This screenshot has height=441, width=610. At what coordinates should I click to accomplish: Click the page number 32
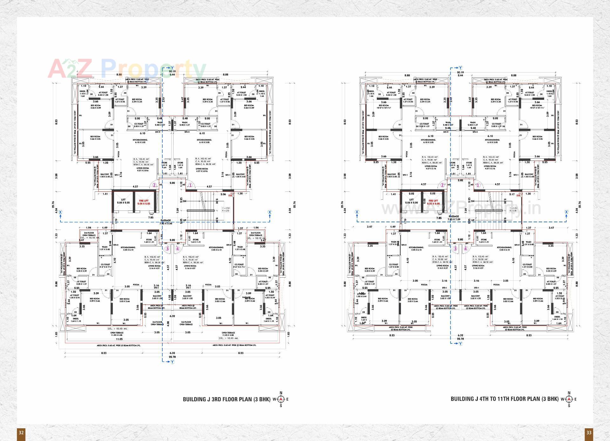click(21, 432)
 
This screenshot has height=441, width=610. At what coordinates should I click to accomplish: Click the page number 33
click(589, 432)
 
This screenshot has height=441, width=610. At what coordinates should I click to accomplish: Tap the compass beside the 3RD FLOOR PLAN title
click(281, 399)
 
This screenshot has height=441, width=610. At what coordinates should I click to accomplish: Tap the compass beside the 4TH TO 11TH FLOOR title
click(569, 399)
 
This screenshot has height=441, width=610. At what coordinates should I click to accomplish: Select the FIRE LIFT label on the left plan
click(144, 202)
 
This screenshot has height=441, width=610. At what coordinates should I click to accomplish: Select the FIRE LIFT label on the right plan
click(433, 202)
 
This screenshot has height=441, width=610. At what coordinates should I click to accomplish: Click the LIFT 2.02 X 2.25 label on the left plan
click(123, 201)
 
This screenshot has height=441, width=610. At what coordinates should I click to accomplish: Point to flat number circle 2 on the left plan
click(154, 185)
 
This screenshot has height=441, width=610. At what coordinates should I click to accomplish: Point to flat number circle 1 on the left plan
click(191, 185)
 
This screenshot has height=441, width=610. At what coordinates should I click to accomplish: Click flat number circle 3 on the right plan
click(455, 249)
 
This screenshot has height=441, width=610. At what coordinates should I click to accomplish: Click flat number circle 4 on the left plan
click(178, 249)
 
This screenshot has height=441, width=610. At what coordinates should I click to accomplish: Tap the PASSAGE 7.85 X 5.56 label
click(166, 222)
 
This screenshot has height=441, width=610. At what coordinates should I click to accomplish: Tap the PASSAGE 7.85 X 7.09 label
click(454, 218)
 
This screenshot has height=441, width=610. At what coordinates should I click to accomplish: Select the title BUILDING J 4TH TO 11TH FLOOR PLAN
click(505, 399)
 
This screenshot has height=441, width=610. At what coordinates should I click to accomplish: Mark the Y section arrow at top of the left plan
click(172, 68)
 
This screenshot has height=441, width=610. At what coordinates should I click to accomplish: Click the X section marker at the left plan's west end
click(60, 212)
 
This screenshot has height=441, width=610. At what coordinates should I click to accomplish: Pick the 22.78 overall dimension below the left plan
click(172, 357)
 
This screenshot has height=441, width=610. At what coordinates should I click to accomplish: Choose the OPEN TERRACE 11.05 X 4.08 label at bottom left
click(117, 334)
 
